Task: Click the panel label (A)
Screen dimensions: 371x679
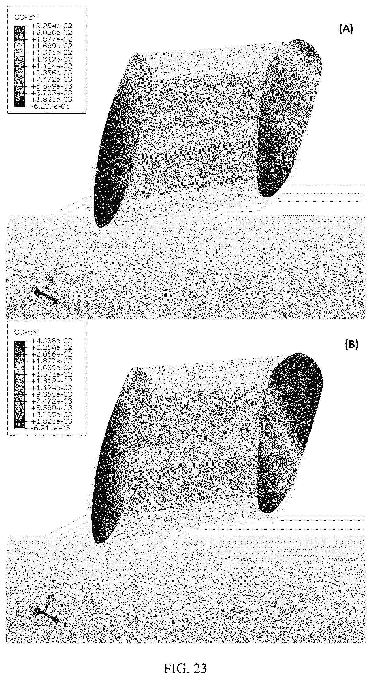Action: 346,29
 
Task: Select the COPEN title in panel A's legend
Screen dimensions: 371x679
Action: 26,18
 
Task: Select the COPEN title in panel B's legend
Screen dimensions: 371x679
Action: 26,332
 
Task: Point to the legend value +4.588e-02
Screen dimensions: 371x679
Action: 52,341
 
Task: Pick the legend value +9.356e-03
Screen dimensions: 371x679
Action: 52,73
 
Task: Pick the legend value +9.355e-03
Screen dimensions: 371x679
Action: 52,394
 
